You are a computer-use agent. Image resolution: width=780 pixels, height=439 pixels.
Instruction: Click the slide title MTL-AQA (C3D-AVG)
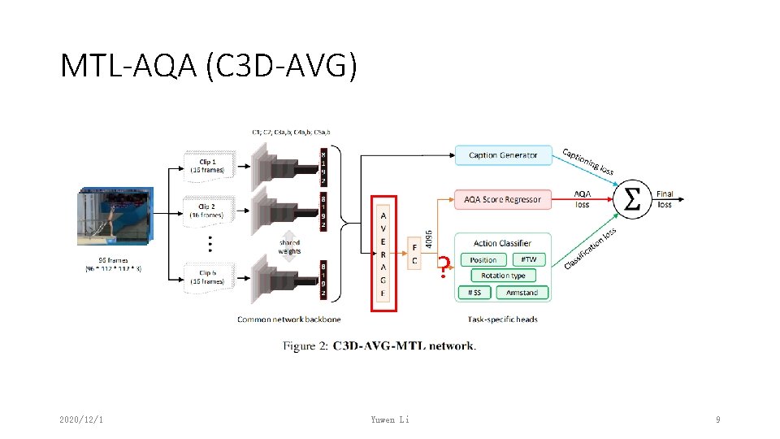(x=209, y=66)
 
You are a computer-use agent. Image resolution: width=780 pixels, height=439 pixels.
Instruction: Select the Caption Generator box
(x=503, y=155)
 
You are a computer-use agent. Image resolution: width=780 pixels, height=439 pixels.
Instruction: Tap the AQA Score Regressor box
(x=502, y=199)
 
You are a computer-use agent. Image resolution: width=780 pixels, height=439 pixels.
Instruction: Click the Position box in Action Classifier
(x=483, y=260)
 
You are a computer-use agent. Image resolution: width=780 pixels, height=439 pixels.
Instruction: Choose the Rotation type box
(x=504, y=276)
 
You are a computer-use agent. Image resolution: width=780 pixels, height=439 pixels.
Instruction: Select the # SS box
(x=474, y=292)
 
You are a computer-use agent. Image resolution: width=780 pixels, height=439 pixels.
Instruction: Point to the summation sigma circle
(x=631, y=198)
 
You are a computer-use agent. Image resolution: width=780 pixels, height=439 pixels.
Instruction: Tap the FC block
(x=414, y=254)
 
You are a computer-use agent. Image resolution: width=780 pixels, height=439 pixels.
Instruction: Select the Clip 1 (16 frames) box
(x=209, y=165)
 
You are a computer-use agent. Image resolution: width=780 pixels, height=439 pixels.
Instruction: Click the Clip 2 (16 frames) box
(x=209, y=211)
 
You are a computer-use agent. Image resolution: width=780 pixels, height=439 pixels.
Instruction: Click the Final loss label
(x=665, y=199)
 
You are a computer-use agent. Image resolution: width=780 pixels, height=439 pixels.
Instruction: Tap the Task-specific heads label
(x=503, y=319)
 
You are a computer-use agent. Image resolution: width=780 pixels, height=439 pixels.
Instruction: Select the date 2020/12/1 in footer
(x=86, y=419)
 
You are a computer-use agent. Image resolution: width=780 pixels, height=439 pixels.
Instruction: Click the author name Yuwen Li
(x=390, y=419)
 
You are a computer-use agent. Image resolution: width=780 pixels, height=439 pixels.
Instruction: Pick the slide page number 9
(x=717, y=419)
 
